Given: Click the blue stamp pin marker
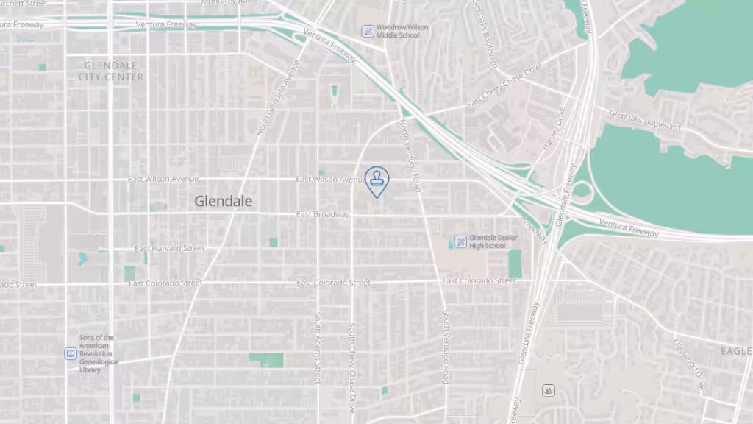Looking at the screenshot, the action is [376, 180].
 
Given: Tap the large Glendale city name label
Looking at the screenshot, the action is [224, 201].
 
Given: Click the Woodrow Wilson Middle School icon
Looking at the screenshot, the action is [367, 31].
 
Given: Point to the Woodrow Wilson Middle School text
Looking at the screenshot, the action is [402, 31].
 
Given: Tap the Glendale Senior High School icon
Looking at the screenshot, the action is [460, 241].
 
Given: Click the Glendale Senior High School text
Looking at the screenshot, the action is [493, 241].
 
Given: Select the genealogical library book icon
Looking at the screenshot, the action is [70, 354].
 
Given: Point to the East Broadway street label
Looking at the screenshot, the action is [323, 214].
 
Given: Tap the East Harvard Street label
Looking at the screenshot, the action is [170, 249].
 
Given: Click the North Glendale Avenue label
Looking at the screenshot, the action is [278, 97].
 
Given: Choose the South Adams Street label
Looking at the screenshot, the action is [318, 347].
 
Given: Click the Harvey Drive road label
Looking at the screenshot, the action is [553, 130].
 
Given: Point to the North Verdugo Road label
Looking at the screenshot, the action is [410, 155].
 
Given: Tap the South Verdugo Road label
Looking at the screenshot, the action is [446, 346].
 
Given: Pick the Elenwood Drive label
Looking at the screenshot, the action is [689, 364].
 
